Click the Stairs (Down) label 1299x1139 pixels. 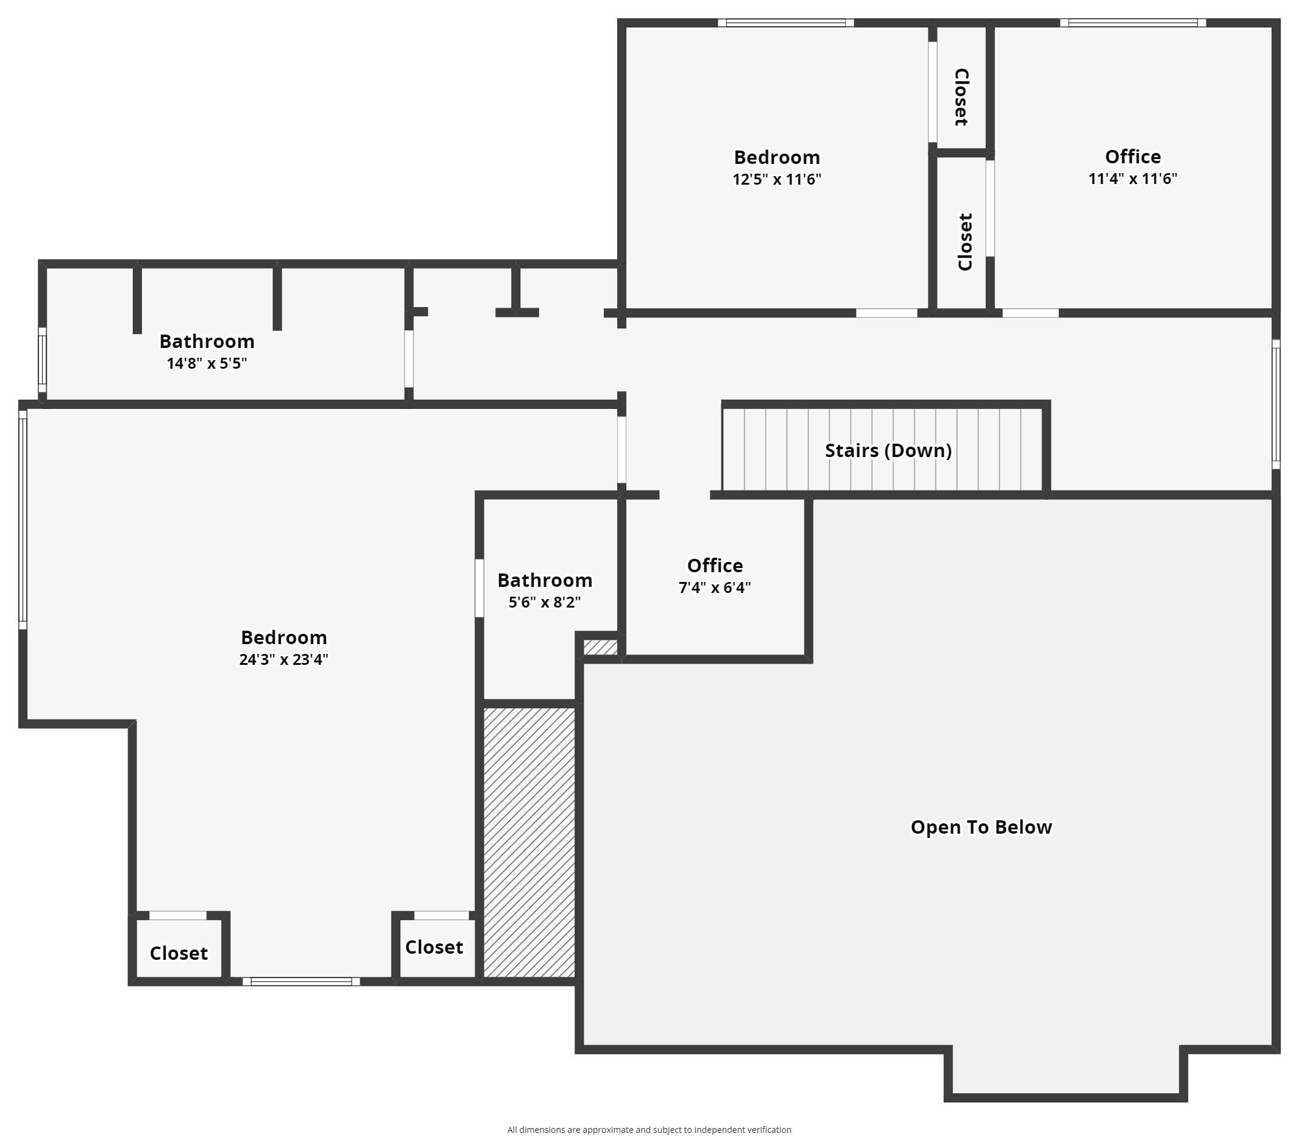[888, 450]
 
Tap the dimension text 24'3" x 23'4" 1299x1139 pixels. [283, 659]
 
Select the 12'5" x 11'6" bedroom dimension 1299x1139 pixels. [777, 179]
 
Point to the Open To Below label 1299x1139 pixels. [981, 827]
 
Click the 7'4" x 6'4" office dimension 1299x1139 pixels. [714, 587]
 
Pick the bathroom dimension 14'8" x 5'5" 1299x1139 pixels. [207, 364]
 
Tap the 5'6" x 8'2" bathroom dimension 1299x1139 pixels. [545, 602]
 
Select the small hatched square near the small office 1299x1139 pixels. [600, 647]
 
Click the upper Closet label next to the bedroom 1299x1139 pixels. [961, 97]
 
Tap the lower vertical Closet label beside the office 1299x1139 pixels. [965, 242]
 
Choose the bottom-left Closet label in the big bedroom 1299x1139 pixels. [179, 953]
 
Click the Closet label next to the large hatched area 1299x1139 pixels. [434, 947]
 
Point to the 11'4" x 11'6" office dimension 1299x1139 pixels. [1133, 179]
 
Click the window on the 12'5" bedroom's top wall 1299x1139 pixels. [785, 24]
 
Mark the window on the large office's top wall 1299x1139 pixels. [1133, 24]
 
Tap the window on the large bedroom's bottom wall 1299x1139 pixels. [301, 982]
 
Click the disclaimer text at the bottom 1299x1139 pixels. [649, 1129]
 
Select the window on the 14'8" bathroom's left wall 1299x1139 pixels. [43, 360]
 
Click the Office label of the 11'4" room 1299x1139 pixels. [1133, 157]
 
